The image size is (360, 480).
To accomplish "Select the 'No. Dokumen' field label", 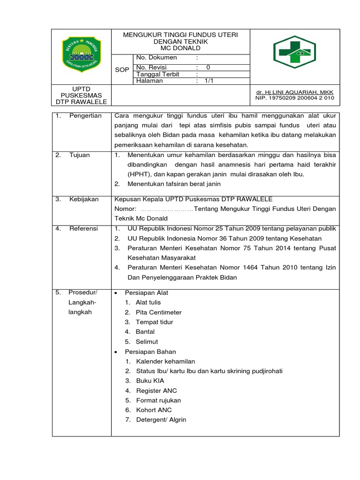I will [157, 58].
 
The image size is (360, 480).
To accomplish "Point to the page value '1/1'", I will [209, 81].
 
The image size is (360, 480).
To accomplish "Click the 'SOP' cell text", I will [122, 69].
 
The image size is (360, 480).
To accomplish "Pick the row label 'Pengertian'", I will [85, 116].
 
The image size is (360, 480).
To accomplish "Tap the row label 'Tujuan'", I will [81, 155].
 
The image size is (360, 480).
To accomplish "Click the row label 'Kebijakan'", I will [84, 199].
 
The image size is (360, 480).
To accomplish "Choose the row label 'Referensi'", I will [83, 229].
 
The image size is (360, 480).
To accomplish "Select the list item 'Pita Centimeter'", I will [158, 312].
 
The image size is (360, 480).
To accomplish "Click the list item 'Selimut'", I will [147, 342].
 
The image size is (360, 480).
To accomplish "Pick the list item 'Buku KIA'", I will [150, 381].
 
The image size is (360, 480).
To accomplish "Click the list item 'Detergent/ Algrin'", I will [161, 420].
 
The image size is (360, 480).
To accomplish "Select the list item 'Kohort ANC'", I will [154, 410].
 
